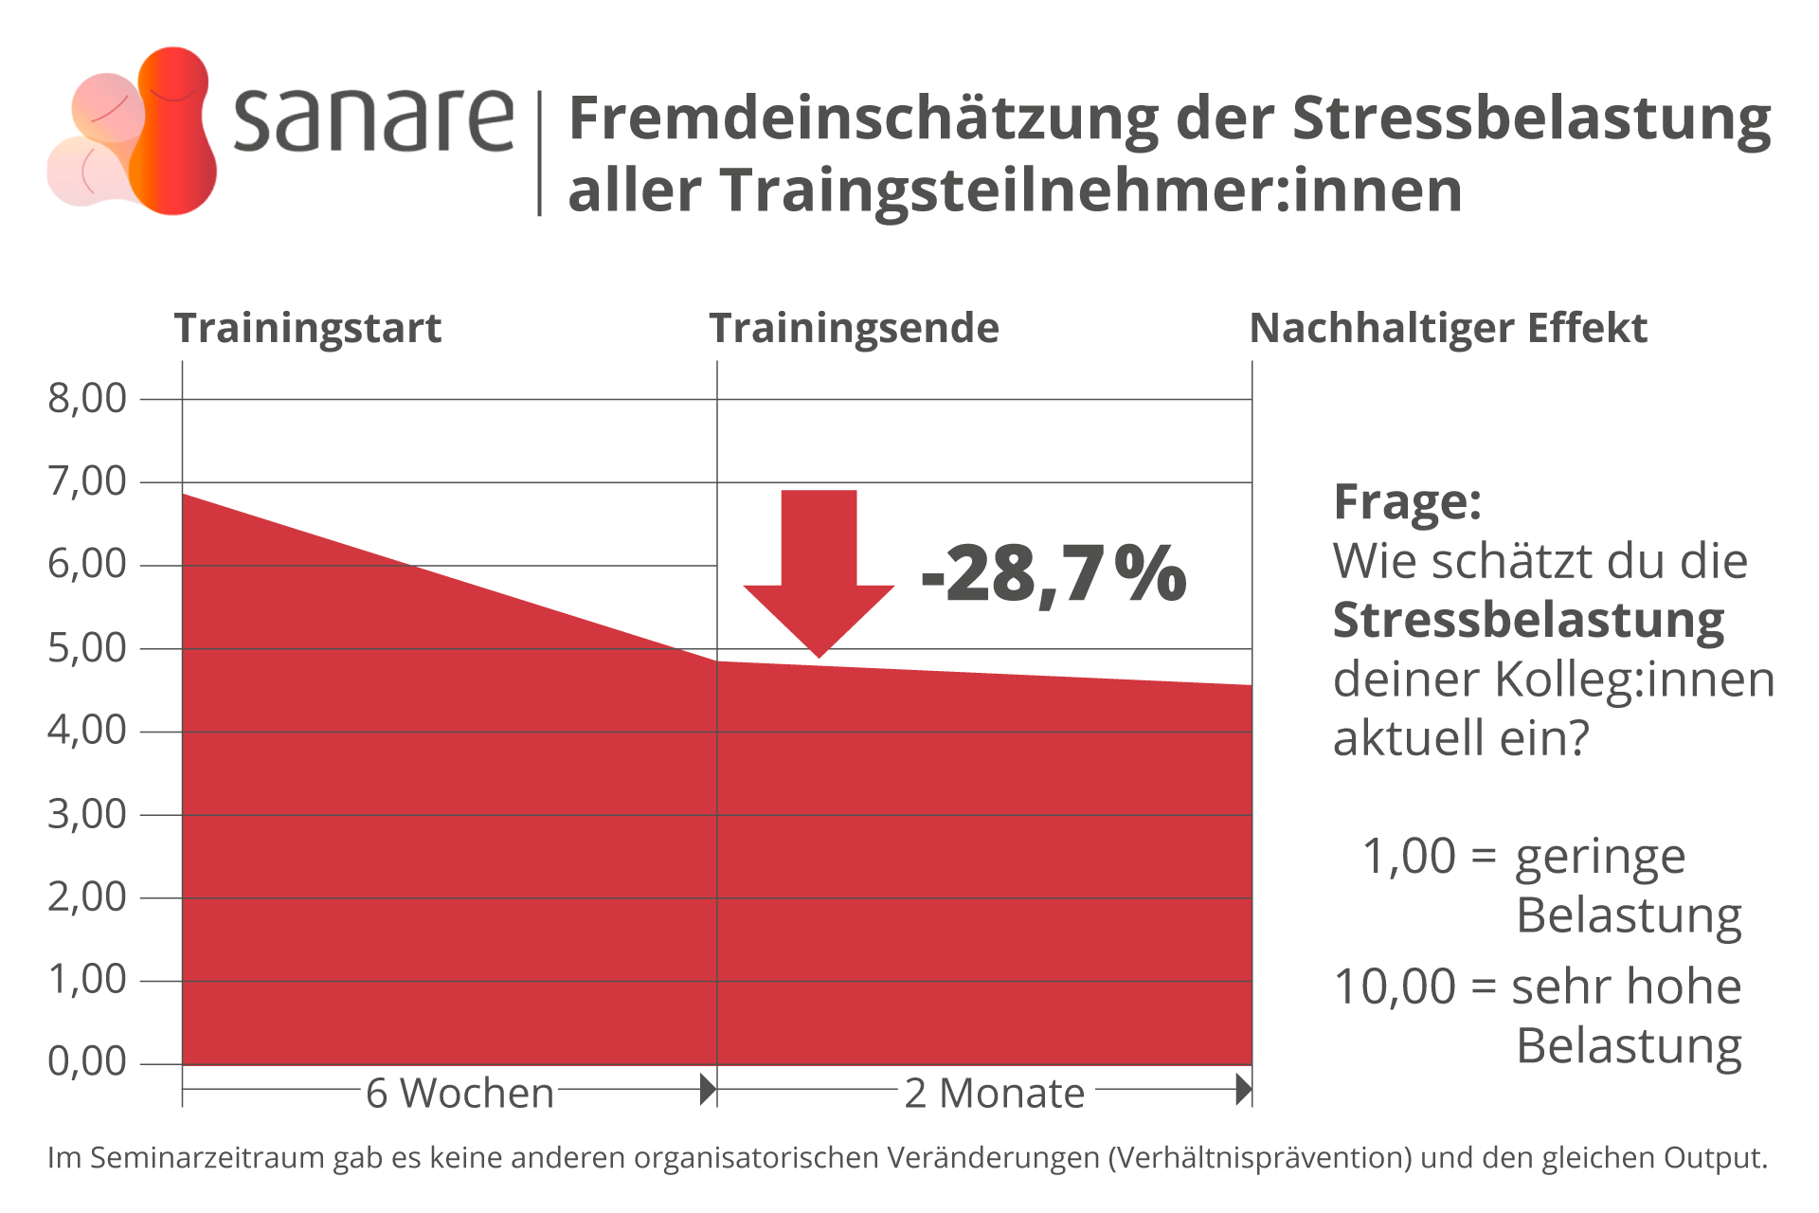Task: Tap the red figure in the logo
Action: (x=173, y=131)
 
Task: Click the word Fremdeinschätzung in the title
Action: (x=863, y=121)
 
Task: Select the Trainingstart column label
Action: (x=308, y=329)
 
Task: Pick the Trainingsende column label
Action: (x=855, y=329)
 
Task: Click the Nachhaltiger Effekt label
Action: (x=1449, y=329)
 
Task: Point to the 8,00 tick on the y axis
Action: (x=87, y=398)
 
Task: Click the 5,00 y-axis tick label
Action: (x=87, y=648)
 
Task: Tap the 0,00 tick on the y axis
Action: (x=87, y=1061)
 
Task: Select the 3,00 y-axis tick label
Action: (x=87, y=814)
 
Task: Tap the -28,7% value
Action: (x=1054, y=574)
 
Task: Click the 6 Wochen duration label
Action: (x=459, y=1094)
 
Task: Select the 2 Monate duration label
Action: (x=995, y=1094)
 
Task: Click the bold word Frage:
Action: (x=1408, y=502)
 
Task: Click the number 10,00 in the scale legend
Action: (x=1395, y=987)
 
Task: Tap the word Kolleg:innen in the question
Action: (x=1635, y=679)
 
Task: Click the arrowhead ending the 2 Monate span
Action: (x=1244, y=1090)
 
